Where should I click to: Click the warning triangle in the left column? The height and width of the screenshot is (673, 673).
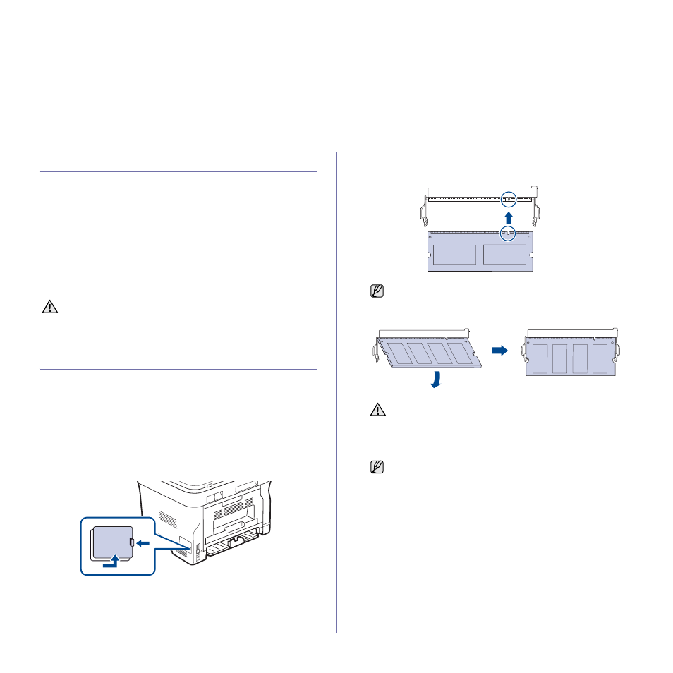[50, 308]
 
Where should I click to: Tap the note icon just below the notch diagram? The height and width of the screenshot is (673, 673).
[377, 290]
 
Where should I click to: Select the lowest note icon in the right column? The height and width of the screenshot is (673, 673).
[377, 466]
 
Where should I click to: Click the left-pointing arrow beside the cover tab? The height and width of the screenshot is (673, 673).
[143, 542]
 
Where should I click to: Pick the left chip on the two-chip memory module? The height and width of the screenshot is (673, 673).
[455, 255]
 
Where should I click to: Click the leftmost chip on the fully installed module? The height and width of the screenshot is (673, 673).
[541, 359]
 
